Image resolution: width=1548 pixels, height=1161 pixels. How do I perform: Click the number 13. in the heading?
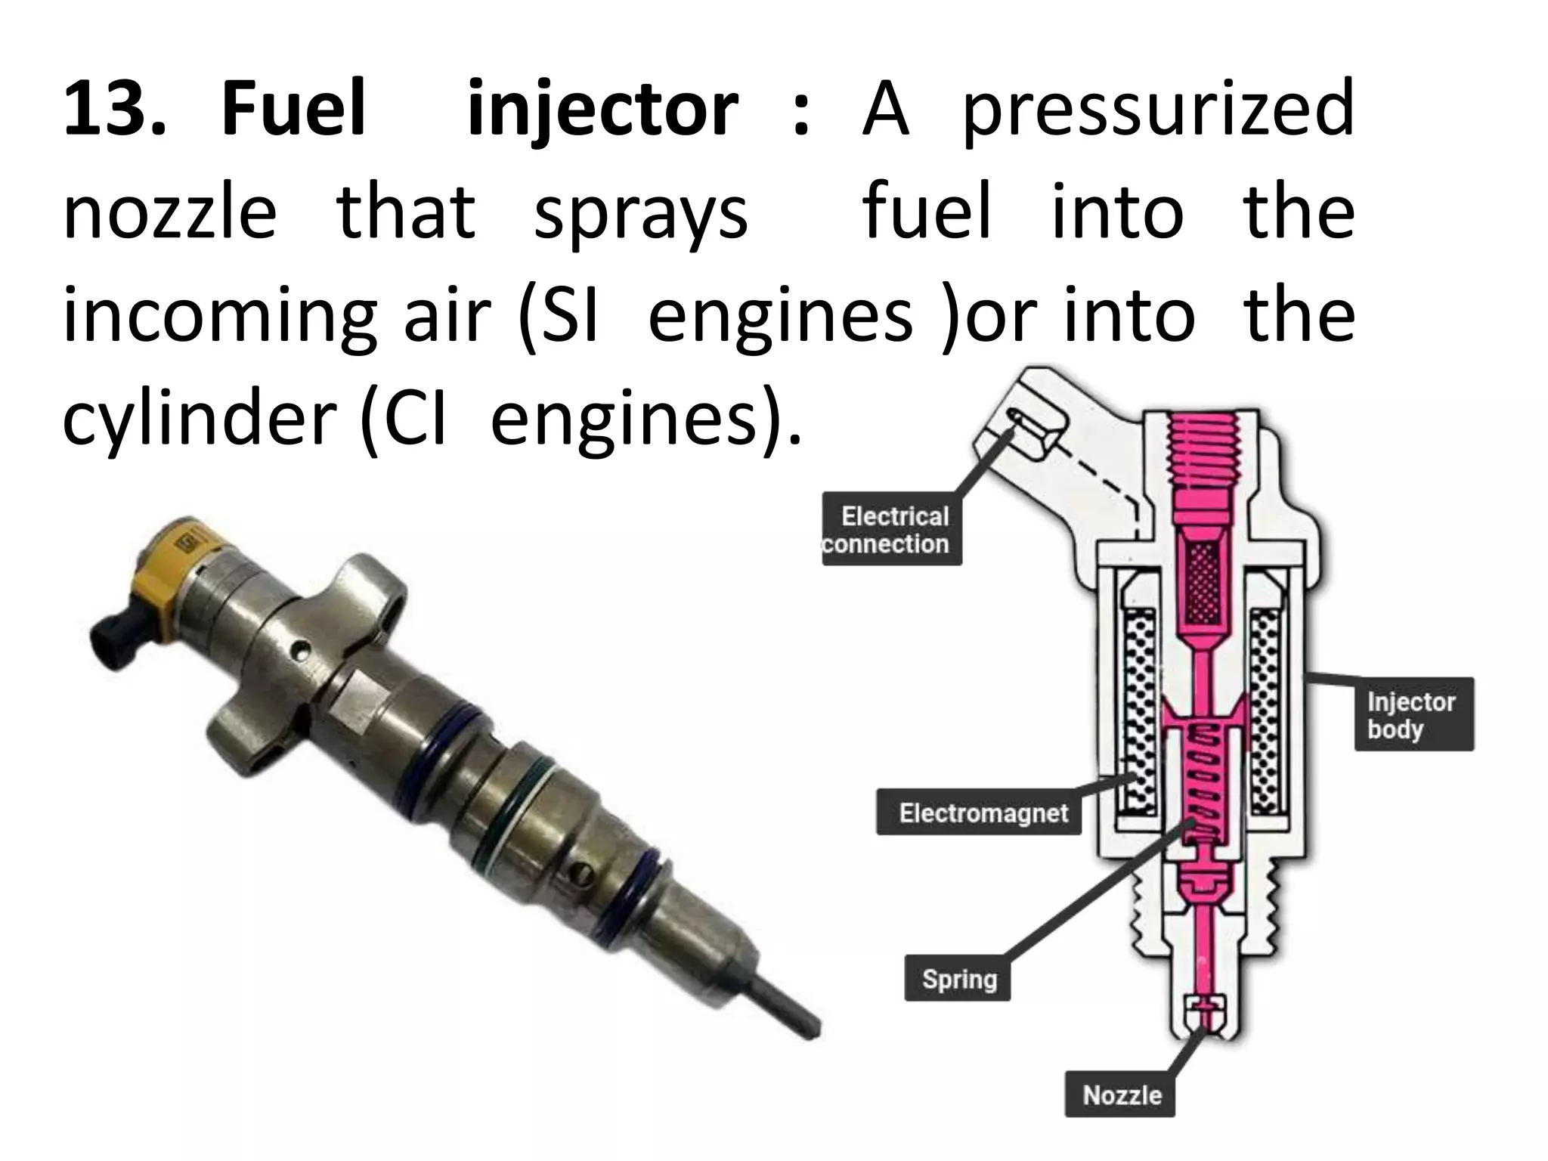point(113,111)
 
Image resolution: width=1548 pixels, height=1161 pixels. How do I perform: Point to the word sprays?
point(640,215)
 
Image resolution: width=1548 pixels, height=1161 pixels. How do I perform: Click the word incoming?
point(219,317)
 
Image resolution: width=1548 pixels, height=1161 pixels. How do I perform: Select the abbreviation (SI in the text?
point(558,317)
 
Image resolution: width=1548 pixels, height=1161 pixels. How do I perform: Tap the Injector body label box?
point(1413,715)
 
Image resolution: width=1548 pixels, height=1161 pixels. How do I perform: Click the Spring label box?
point(958,980)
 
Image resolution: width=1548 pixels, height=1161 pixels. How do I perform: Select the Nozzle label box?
point(1121,1095)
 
